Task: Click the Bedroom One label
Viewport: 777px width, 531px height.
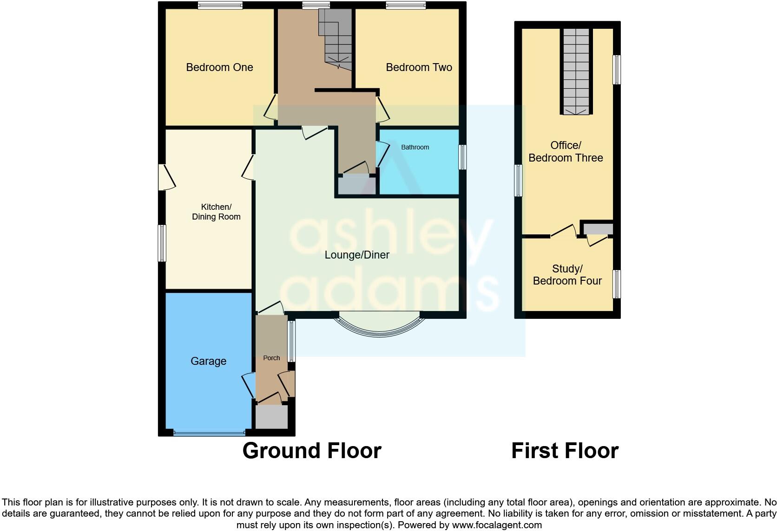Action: pyautogui.click(x=219, y=67)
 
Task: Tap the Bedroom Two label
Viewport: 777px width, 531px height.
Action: pyautogui.click(x=419, y=67)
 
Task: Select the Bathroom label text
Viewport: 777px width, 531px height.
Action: pyautogui.click(x=415, y=147)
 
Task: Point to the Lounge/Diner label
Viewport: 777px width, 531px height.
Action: pyautogui.click(x=356, y=255)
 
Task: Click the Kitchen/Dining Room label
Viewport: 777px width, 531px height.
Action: pyautogui.click(x=216, y=212)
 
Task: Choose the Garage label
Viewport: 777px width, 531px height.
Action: pyautogui.click(x=208, y=361)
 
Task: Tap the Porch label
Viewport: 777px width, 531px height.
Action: pyautogui.click(x=271, y=358)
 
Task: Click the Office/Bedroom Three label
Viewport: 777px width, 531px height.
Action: pyautogui.click(x=566, y=152)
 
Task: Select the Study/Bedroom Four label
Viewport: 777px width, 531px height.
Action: pyautogui.click(x=567, y=275)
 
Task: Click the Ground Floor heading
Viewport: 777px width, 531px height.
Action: pyautogui.click(x=311, y=451)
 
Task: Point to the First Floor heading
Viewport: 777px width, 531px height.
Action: pyautogui.click(x=565, y=451)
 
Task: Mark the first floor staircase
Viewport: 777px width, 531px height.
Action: pyautogui.click(x=576, y=71)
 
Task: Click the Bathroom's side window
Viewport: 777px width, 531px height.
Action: pyautogui.click(x=462, y=157)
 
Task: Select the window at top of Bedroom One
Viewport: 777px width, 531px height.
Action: pyautogui.click(x=219, y=6)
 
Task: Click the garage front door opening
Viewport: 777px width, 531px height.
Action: pyautogui.click(x=209, y=433)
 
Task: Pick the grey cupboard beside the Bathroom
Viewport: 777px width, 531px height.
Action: pyautogui.click(x=356, y=186)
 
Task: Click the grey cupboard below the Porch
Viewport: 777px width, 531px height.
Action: pyautogui.click(x=271, y=417)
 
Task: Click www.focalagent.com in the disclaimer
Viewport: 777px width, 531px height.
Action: pyautogui.click(x=497, y=525)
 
